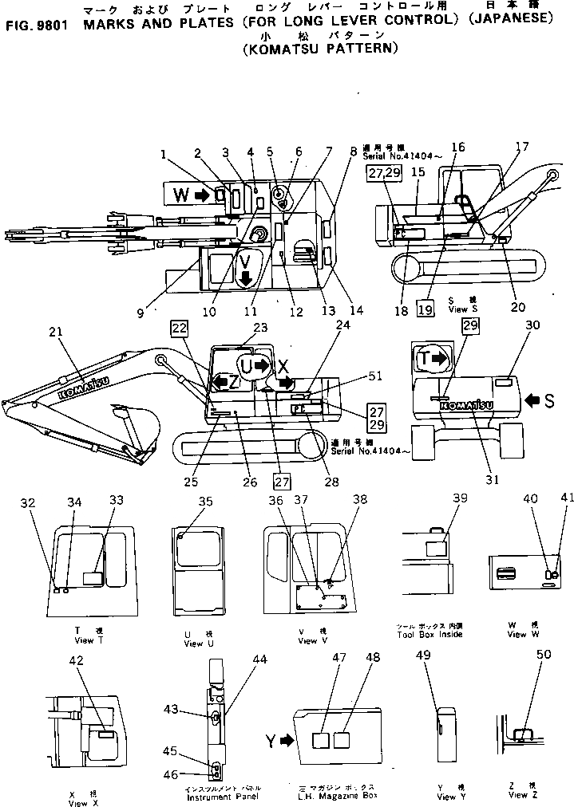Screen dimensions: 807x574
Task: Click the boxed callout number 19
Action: [426, 311]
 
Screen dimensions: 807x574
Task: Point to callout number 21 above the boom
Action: [53, 332]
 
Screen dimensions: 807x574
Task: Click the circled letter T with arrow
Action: [431, 360]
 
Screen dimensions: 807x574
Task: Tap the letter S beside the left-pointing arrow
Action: [548, 399]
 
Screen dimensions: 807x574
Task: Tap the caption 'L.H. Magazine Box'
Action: [335, 796]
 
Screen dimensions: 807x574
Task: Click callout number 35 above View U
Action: [206, 502]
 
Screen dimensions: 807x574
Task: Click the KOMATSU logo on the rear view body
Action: [466, 406]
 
